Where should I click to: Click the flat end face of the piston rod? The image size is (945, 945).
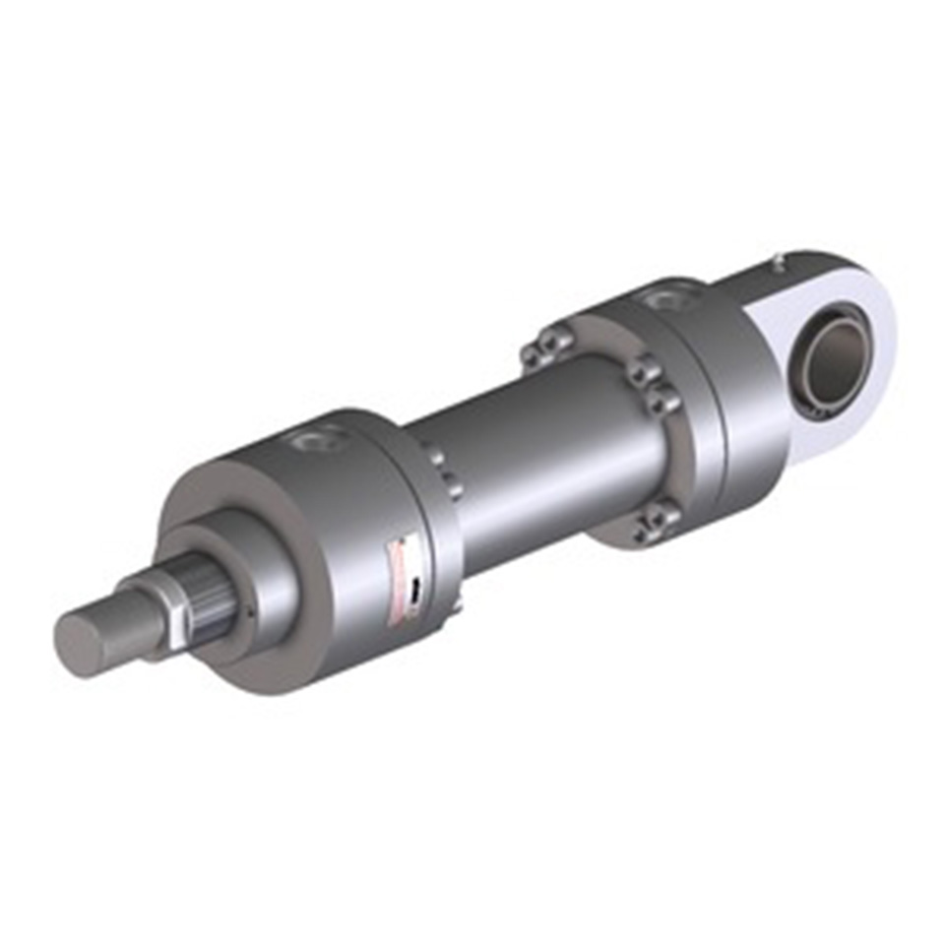coord(81,645)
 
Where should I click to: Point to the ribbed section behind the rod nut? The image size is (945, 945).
coord(209,591)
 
